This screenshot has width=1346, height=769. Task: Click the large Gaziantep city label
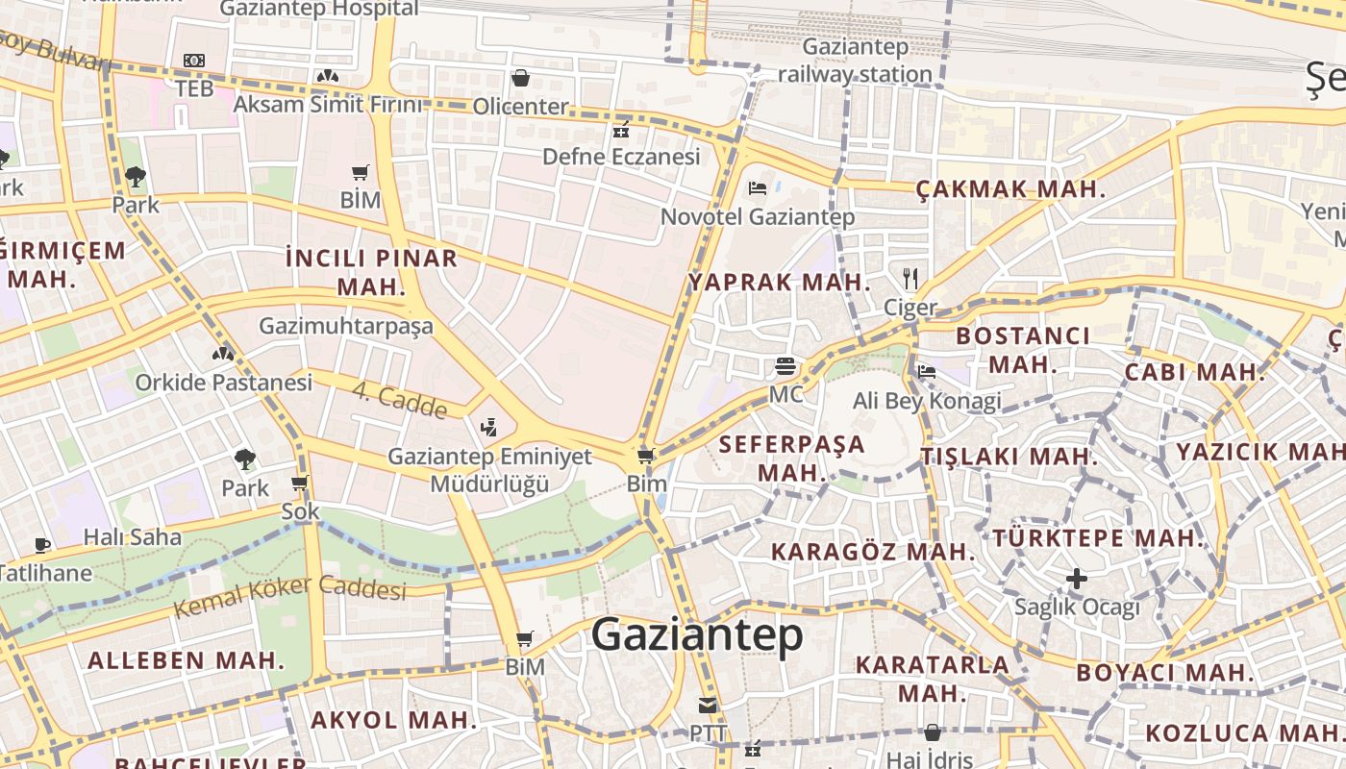point(697,635)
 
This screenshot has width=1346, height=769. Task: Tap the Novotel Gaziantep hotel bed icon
point(758,186)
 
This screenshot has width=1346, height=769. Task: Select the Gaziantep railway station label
point(855,61)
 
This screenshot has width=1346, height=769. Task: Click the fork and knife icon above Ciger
point(910,279)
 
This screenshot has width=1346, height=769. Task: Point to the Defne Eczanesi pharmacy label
point(621,156)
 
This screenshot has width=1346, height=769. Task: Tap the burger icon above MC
point(785,366)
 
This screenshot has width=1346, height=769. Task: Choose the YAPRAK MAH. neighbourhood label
point(779,283)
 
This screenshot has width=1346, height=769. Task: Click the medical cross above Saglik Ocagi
point(1077,579)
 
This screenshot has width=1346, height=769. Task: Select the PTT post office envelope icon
point(708,706)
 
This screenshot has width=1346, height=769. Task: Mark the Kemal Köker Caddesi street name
point(289,595)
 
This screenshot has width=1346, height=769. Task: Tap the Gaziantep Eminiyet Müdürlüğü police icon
point(489,426)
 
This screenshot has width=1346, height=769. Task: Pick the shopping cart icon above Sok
point(300,483)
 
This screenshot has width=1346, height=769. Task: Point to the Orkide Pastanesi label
point(223,383)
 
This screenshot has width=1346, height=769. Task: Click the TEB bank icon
point(194,61)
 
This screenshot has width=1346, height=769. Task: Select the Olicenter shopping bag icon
point(521,78)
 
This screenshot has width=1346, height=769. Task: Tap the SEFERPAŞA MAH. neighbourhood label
point(792,459)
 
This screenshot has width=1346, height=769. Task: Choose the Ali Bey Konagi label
point(927,401)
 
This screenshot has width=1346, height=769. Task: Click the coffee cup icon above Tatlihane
point(42,545)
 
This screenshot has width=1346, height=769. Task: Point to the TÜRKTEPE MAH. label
point(1098,537)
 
